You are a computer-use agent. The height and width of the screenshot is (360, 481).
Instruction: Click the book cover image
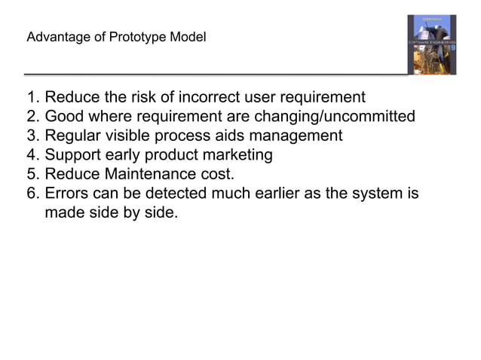431,44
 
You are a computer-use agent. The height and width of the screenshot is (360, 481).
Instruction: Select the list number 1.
31,98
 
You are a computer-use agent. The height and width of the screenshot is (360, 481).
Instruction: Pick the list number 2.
31,117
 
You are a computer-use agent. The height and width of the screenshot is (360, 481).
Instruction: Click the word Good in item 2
64,117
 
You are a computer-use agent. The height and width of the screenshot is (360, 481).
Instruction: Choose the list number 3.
31,136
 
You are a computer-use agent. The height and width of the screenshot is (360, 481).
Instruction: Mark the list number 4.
31,156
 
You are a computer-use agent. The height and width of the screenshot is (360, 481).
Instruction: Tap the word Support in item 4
74,156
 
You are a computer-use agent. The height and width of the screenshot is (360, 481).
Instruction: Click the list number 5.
31,175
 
